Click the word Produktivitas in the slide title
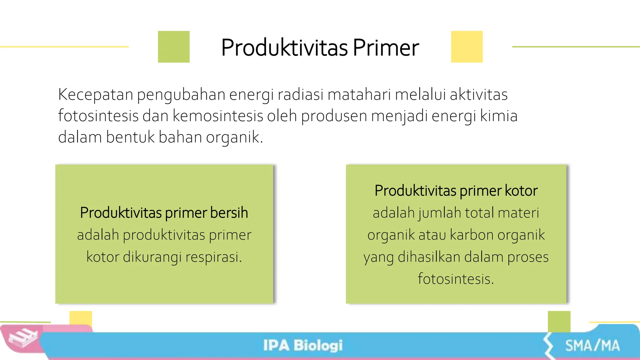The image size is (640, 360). point(284,48)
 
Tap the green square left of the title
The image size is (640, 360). point(174,47)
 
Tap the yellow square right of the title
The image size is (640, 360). point(467,47)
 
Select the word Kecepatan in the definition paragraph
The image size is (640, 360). point(96,95)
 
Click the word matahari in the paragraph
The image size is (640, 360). point(359,95)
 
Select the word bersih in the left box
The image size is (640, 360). point(229,213)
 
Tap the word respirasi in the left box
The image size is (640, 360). point(214,257)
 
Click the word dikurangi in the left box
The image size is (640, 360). point(152,257)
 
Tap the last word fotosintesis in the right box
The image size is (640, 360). point(456,279)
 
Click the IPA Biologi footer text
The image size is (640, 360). point(303,346)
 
